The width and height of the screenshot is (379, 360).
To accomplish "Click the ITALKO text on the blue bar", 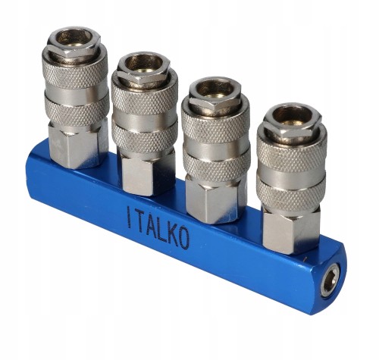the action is tap(158, 227).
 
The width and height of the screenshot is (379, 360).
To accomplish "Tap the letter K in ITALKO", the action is tap(172, 234).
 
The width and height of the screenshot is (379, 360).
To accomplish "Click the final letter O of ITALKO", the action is tap(183, 239).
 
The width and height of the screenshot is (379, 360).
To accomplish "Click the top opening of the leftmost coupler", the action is tap(74, 37).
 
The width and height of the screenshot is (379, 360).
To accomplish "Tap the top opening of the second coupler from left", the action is tap(143, 63).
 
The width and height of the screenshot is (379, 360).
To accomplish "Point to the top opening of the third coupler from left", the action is tap(215, 89).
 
